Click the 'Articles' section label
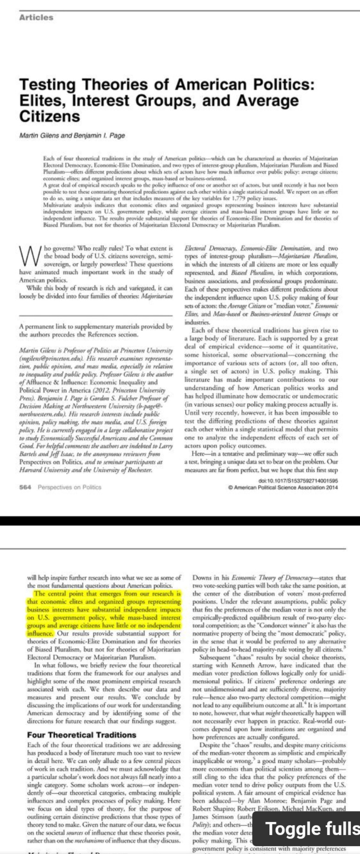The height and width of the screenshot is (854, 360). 36,17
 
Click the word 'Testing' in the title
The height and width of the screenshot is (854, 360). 49,85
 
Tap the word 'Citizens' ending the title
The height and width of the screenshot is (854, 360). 49,116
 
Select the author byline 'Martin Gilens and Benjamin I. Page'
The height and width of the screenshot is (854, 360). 72,136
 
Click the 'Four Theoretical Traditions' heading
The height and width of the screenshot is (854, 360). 81,735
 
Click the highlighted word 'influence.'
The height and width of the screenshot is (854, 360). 40,634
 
